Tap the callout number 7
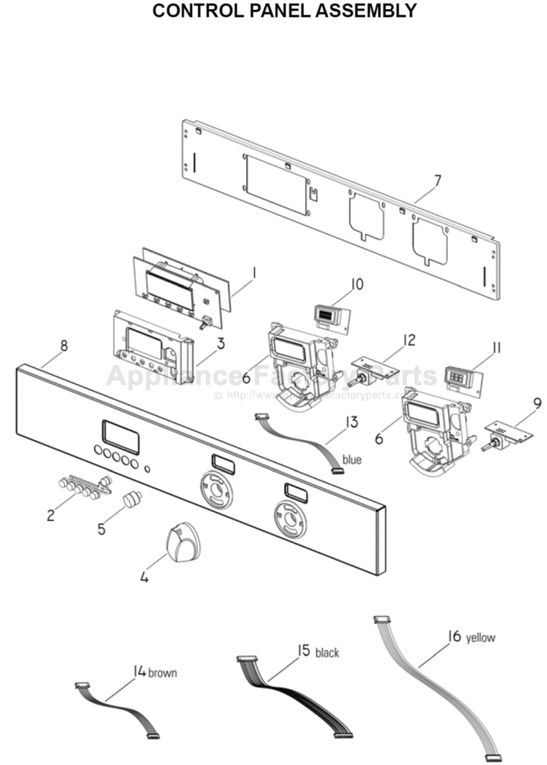[x=437, y=181]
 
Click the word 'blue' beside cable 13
[x=352, y=460]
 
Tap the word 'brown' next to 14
[x=162, y=673]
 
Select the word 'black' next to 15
[x=327, y=653]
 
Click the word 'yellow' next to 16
[x=480, y=637]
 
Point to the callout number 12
[x=409, y=339]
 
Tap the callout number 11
[x=496, y=348]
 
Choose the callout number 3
[x=220, y=343]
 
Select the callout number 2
[x=50, y=515]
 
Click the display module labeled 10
[x=327, y=314]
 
